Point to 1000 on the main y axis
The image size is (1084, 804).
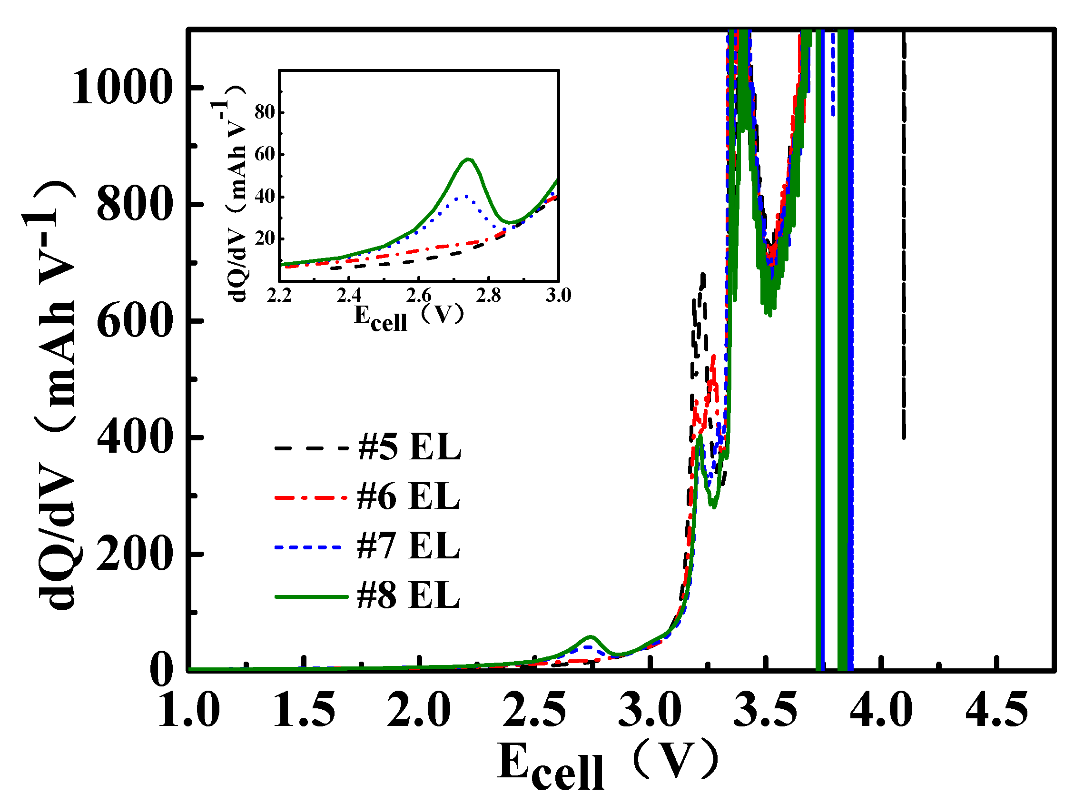point(122,88)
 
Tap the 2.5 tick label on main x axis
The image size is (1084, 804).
point(534,710)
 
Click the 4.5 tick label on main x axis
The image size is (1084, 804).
point(996,710)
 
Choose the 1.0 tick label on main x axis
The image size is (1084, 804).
point(189,710)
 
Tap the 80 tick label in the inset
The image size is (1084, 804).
point(264,112)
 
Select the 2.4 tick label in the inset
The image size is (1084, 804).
point(348,296)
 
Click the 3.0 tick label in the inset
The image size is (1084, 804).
point(558,296)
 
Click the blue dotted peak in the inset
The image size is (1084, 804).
point(465,196)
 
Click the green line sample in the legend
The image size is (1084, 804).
point(311,596)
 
